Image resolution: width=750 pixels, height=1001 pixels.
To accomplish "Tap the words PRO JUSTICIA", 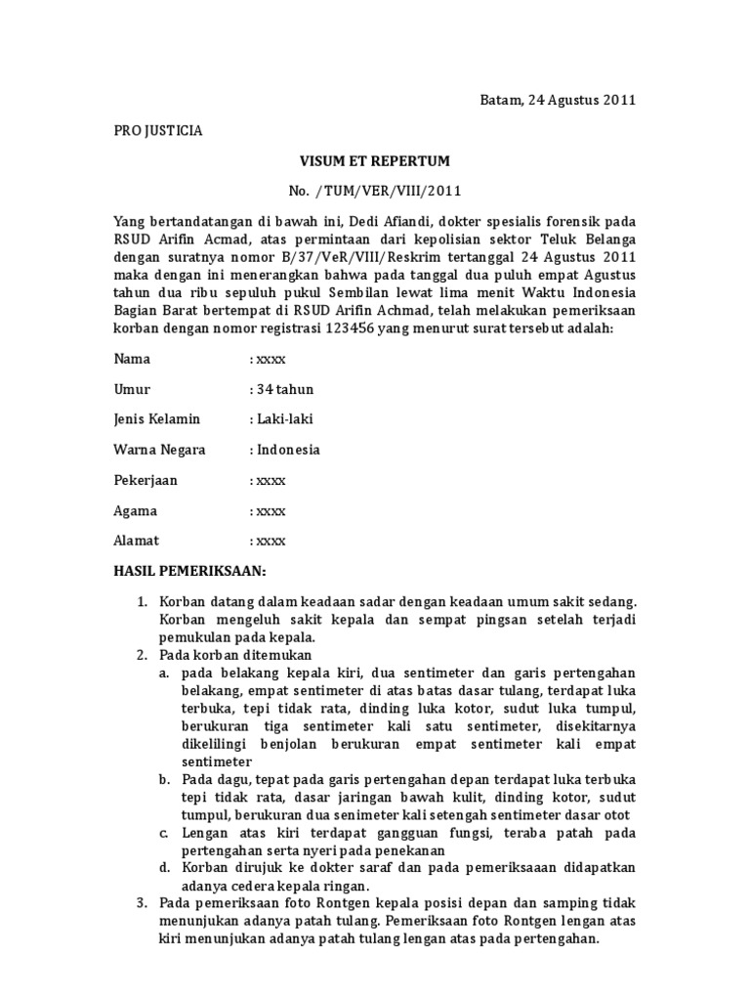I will (x=159, y=130).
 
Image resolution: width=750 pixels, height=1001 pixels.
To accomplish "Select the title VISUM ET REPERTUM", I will (x=374, y=160).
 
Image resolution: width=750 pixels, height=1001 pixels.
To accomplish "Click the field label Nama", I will (x=133, y=359).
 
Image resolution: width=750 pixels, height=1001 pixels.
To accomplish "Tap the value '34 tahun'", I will (x=285, y=389).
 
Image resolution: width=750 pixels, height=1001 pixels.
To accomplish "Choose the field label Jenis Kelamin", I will (x=157, y=419).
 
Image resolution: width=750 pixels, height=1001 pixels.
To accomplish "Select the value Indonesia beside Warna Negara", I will (x=288, y=450).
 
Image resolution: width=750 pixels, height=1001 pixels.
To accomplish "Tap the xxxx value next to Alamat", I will (x=271, y=541).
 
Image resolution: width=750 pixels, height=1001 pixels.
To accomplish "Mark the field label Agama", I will (x=136, y=510).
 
